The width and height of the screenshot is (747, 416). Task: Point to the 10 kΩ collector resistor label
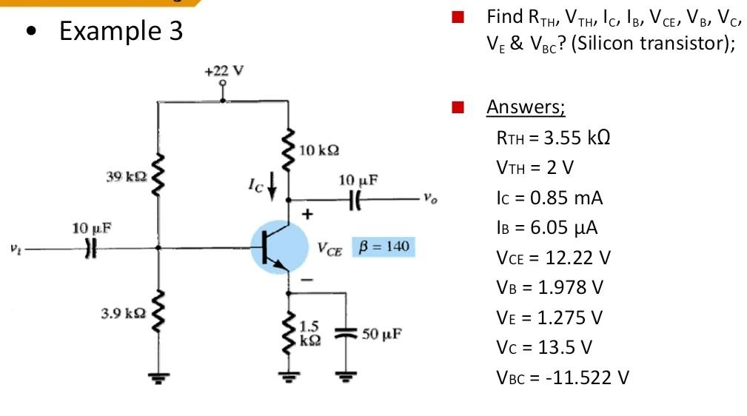pos(321,150)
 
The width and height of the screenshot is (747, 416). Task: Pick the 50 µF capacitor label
pos(381,333)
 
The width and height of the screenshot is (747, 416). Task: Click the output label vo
pos(426,198)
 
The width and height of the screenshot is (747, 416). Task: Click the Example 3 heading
pos(121,32)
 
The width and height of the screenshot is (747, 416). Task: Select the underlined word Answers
pos(525,107)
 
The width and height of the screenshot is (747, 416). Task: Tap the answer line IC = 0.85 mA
pos(549,198)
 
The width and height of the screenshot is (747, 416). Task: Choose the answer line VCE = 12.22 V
pos(552,258)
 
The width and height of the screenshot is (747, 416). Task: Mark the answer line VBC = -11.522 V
pos(562,378)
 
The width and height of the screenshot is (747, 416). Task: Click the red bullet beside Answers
pos(458,108)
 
